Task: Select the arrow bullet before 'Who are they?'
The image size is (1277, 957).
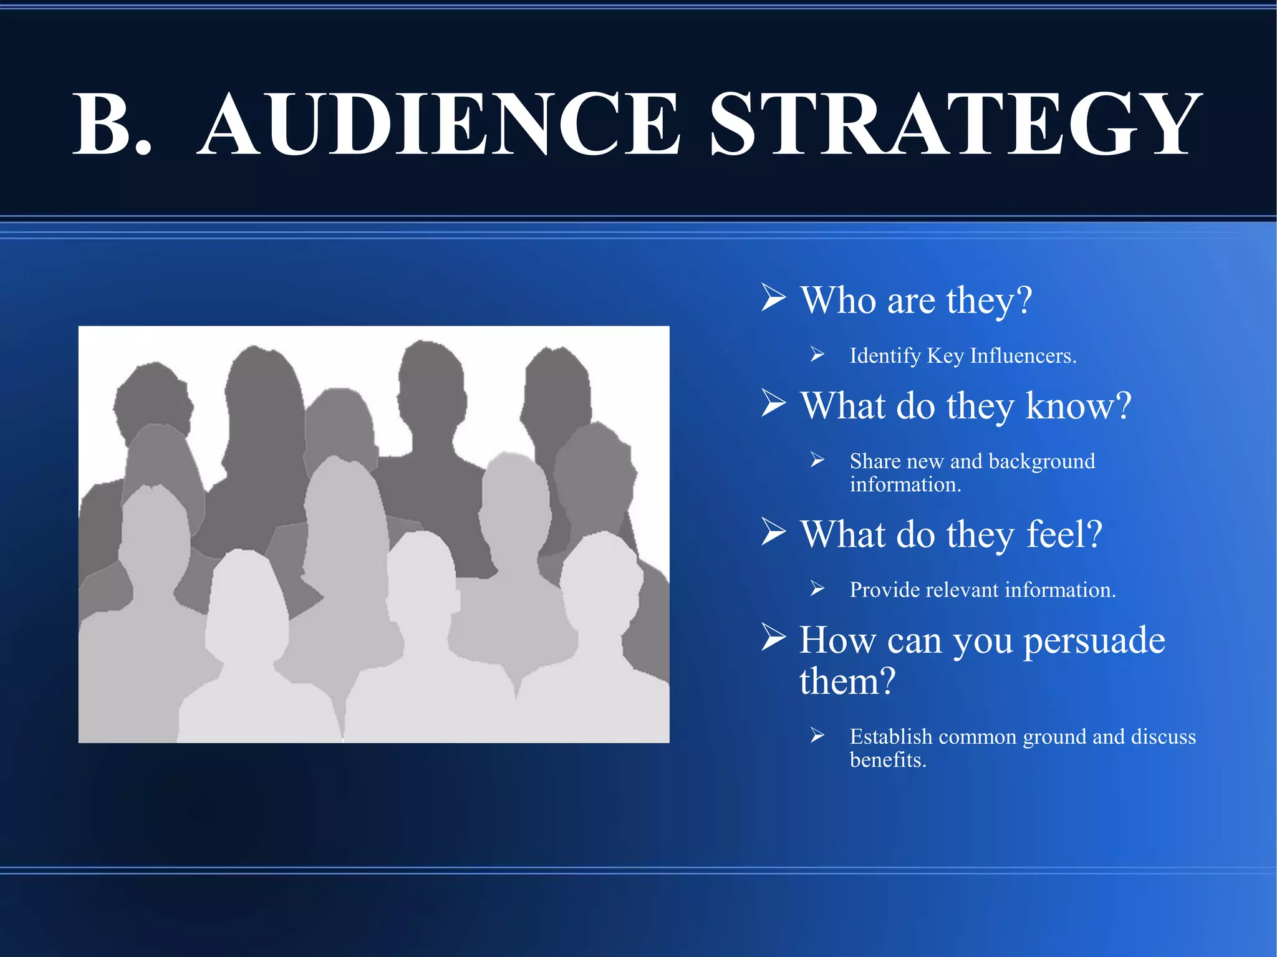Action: click(x=773, y=297)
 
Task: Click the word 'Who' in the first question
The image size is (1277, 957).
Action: click(x=838, y=301)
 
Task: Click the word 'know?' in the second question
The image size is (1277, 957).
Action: click(x=1078, y=406)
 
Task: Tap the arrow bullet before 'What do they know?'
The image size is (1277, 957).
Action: click(x=773, y=403)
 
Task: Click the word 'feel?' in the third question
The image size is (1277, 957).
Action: click(x=1064, y=534)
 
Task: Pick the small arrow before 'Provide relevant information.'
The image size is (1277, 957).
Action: click(x=817, y=589)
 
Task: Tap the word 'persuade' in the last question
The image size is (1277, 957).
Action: click(x=1094, y=641)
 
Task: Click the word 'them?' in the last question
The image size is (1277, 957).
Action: click(x=847, y=681)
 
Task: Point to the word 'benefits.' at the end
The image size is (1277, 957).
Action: click(x=888, y=761)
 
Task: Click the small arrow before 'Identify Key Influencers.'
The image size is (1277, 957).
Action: click(x=817, y=355)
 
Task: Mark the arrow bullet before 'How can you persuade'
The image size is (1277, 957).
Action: click(x=773, y=637)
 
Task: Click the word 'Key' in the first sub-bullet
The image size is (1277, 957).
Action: click(x=945, y=356)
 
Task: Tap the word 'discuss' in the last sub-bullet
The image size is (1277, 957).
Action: click(x=1163, y=737)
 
